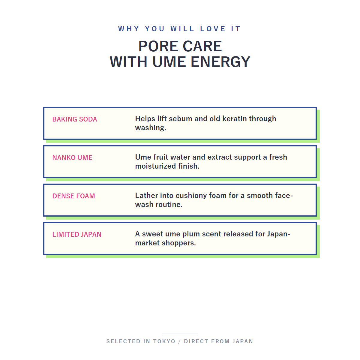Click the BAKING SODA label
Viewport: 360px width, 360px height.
pyautogui.click(x=74, y=119)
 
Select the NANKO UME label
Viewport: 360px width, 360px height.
pyautogui.click(x=72, y=158)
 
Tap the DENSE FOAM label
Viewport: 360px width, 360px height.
pyautogui.click(x=73, y=196)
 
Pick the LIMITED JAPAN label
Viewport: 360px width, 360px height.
pyautogui.click(x=77, y=235)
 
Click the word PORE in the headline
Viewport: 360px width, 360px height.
pyautogui.click(x=158, y=46)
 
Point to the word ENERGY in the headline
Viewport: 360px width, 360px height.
pyautogui.click(x=220, y=62)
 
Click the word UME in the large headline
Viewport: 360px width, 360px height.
pyautogui.click(x=169, y=62)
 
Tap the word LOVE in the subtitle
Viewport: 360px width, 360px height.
pyautogui.click(x=213, y=29)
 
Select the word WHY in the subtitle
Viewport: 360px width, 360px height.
pyautogui.click(x=129, y=29)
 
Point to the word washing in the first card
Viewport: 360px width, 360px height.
pyautogui.click(x=151, y=128)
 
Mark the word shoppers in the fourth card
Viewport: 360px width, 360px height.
pyautogui.click(x=179, y=243)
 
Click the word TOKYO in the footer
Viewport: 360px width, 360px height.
pyautogui.click(x=164, y=341)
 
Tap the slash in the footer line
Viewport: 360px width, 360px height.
pyautogui.click(x=179, y=341)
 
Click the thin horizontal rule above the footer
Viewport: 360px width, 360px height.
pyautogui.click(x=180, y=334)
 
